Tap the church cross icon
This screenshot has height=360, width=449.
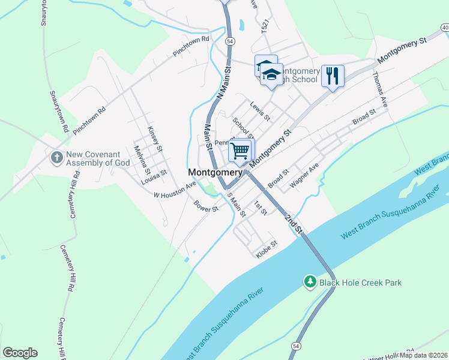(x=57, y=158)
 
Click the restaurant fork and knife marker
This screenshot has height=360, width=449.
(x=333, y=76)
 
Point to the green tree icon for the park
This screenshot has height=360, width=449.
(x=310, y=282)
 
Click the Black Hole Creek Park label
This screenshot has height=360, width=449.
(x=360, y=283)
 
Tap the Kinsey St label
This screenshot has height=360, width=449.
(x=155, y=139)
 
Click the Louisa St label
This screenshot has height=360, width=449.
(x=154, y=177)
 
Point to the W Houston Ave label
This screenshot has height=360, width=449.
(x=175, y=191)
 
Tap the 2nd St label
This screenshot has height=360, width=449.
(x=295, y=224)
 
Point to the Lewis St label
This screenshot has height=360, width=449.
(x=261, y=110)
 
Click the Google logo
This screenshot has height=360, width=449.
(x=20, y=353)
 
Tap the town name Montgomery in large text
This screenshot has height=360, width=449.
(x=214, y=172)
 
